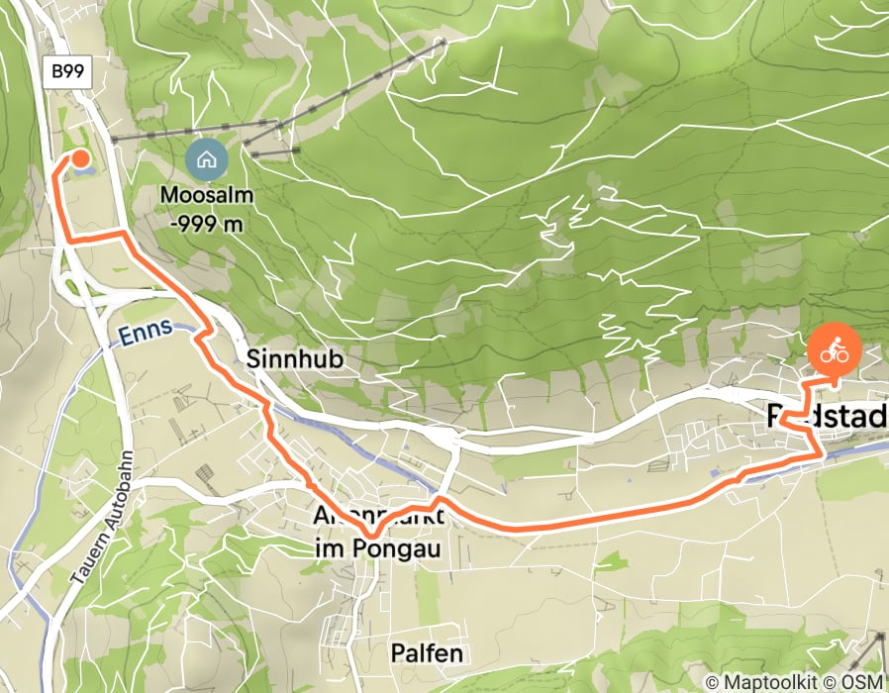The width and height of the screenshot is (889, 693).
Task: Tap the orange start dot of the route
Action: point(80,158)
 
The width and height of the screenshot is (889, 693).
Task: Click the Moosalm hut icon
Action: point(207,157)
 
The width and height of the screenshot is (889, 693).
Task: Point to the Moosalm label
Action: point(207,196)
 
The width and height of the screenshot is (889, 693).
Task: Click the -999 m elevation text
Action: point(207,224)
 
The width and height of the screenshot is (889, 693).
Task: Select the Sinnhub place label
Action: point(295,359)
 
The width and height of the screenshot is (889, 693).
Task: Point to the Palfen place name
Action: point(426,653)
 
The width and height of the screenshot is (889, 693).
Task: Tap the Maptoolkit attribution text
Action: point(772,682)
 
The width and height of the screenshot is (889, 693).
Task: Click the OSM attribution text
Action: point(861,682)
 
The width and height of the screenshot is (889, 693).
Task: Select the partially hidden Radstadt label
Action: point(828,418)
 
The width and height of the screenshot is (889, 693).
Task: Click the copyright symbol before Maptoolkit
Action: point(714,682)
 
